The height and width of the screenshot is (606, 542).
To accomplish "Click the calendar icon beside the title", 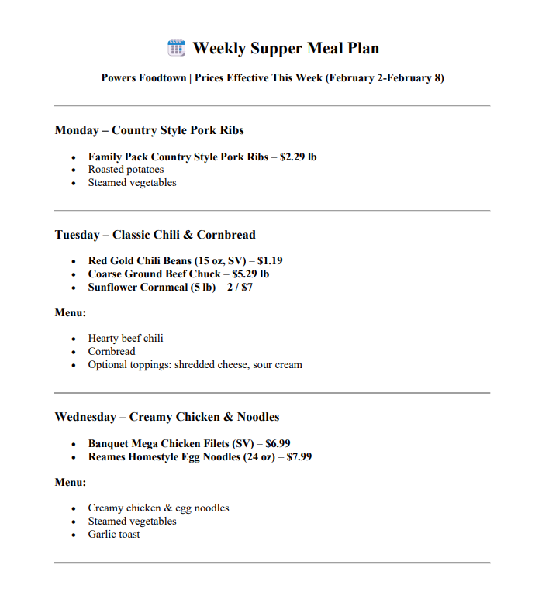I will coord(176,48).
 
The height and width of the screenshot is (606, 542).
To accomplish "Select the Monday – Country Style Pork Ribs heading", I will coord(149,130).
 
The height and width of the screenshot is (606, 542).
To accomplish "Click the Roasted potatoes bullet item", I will coord(126,170).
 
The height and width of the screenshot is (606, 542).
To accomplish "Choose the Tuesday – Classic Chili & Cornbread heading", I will coord(154,235).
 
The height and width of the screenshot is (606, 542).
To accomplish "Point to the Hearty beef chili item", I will coord(126,339).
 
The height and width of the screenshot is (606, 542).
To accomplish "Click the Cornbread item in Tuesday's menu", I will coord(111,352).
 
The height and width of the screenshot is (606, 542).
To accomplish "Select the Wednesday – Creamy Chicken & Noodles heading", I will coord(167,417).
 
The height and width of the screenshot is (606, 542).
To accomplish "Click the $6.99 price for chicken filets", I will coord(278,444).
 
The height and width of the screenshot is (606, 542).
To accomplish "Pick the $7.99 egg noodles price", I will coord(299,457).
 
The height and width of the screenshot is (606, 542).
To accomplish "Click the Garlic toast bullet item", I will coord(114,535).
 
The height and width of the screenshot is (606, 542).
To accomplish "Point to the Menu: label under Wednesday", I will coord(70,483).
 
